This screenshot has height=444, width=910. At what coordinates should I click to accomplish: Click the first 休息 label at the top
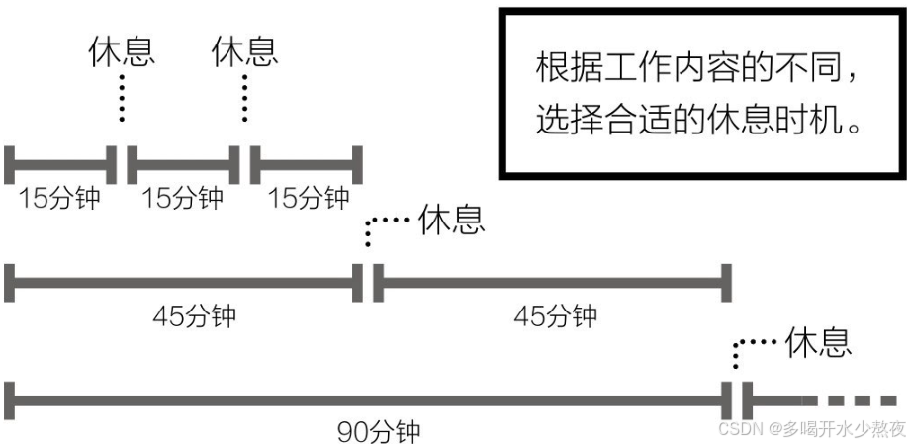[x=122, y=50]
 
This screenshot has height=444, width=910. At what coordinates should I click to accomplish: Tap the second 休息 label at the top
[x=245, y=50]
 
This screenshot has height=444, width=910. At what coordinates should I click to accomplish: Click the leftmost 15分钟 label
[x=59, y=197]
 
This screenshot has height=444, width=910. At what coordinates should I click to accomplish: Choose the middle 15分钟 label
[x=183, y=197]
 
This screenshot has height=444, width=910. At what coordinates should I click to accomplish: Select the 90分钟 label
[x=380, y=431]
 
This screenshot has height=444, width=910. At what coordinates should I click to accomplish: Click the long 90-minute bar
[x=366, y=400]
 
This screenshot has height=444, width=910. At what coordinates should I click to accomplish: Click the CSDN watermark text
[x=811, y=429]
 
